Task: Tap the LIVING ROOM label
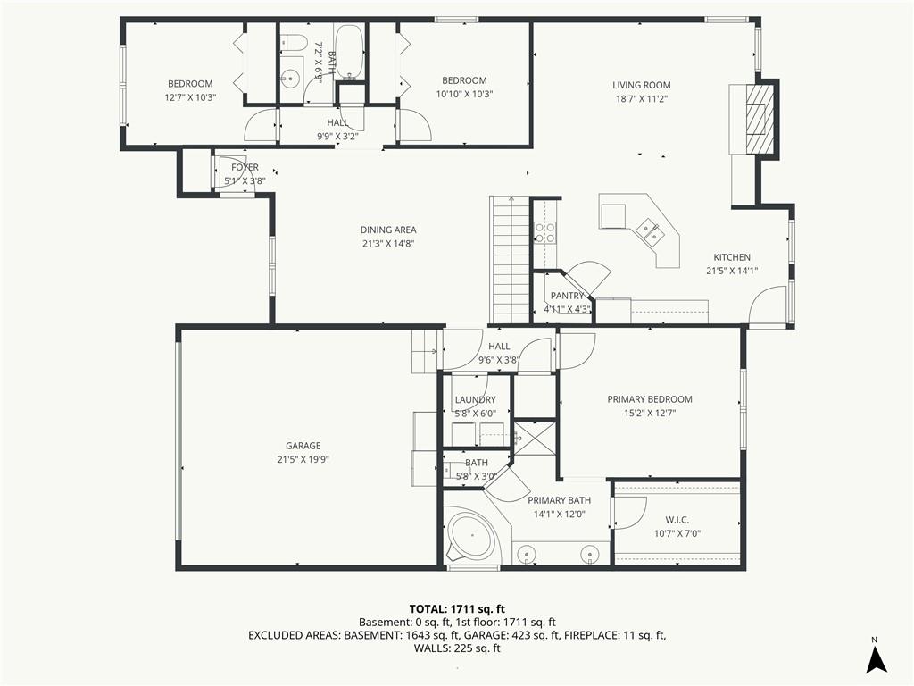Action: pos(641,85)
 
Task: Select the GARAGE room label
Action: pos(303,446)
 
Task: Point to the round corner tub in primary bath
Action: pos(471,537)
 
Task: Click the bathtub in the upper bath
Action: pos(350,52)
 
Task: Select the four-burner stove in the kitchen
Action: pos(544,233)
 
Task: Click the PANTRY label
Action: pos(567,297)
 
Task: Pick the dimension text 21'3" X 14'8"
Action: pos(388,244)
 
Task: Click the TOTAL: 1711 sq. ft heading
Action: pos(457,609)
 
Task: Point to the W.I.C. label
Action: pos(677,520)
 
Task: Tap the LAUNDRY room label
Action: pos(475,399)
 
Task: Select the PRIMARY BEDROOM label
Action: pos(650,399)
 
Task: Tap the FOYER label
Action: pos(245,167)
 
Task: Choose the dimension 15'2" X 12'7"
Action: pos(650,414)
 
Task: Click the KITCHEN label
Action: pos(732,257)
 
